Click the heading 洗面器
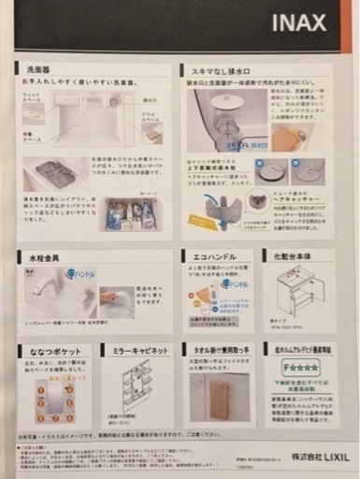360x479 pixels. pyautogui.click(x=39, y=69)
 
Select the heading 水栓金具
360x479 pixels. pyautogui.click(x=44, y=256)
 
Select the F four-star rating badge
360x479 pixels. pyautogui.click(x=301, y=370)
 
